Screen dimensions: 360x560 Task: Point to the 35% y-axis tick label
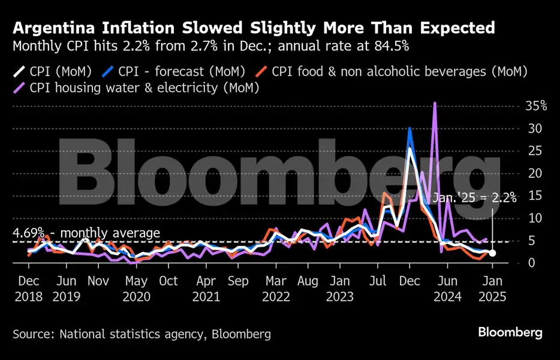point(535,106)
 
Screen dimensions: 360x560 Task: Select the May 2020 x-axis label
point(137,288)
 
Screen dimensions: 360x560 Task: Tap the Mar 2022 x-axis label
point(276,288)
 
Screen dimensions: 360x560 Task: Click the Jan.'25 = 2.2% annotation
point(474,199)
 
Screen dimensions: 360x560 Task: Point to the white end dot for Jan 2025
point(492,253)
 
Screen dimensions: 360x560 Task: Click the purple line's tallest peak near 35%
point(435,104)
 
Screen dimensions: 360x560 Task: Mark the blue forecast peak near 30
point(410,128)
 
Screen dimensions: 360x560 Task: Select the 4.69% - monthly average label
point(86,233)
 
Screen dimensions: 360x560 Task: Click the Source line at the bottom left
point(141,334)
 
